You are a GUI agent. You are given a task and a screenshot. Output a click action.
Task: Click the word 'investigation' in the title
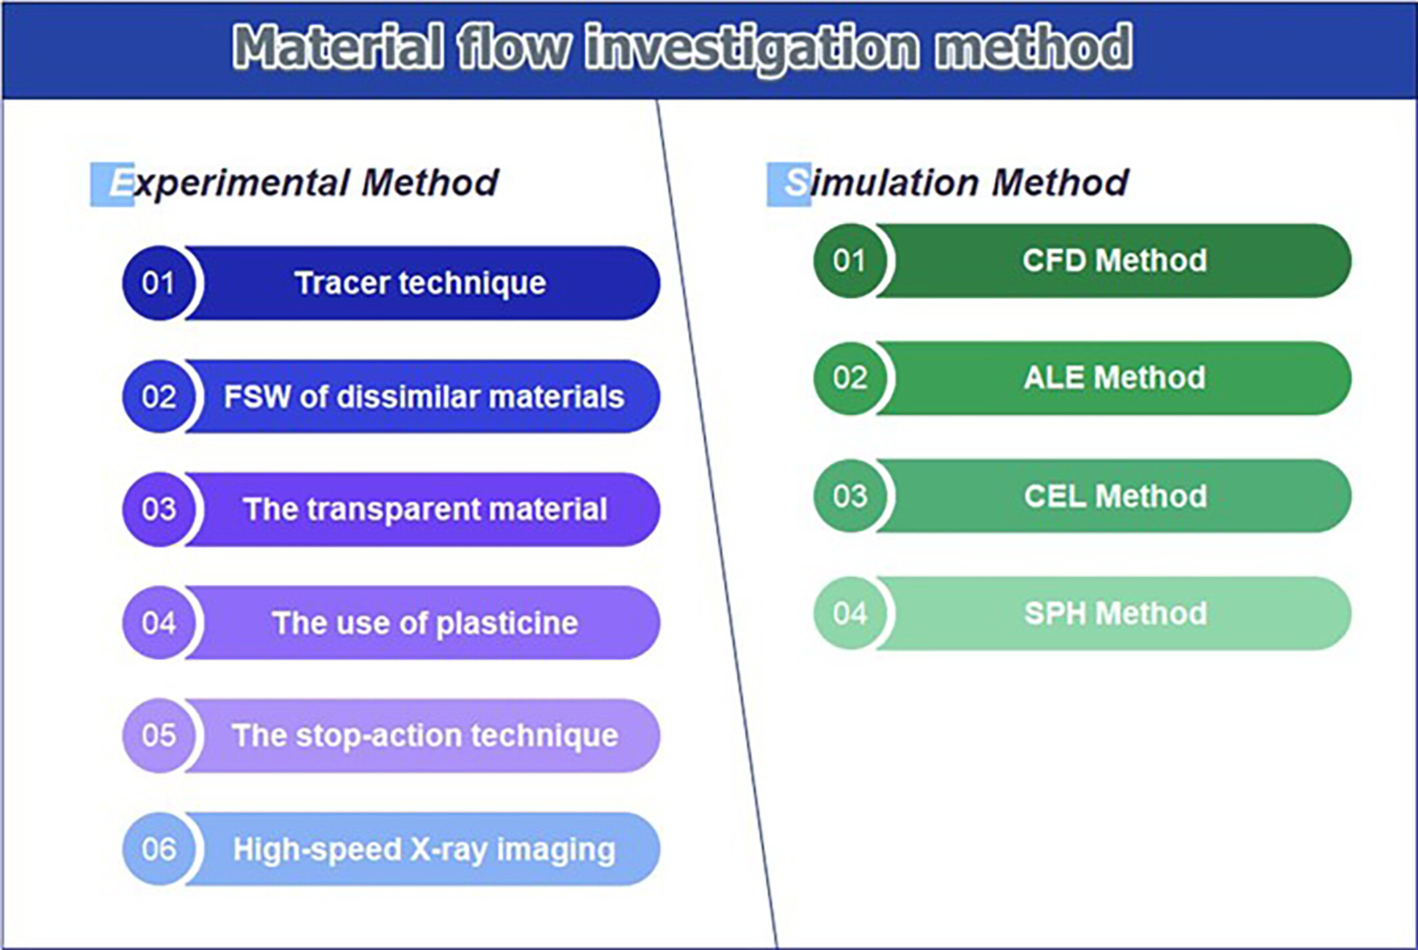tap(752, 48)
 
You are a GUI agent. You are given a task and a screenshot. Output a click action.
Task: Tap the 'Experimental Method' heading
tap(295, 183)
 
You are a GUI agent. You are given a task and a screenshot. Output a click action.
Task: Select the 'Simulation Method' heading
tap(948, 183)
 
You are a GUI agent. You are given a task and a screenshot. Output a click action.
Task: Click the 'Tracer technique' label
tap(420, 283)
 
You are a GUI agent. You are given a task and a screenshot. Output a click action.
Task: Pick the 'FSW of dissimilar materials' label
tap(424, 397)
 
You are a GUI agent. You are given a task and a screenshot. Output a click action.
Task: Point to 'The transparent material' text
tap(425, 510)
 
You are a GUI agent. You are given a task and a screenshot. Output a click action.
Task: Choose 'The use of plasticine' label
tap(425, 624)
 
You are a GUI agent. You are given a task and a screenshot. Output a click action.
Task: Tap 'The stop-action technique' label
tap(425, 736)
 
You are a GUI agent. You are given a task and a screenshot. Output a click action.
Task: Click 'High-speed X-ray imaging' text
tap(424, 850)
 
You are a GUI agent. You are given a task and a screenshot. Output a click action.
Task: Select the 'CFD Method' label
tap(1115, 260)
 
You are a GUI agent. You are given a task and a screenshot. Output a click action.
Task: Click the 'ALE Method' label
tap(1115, 378)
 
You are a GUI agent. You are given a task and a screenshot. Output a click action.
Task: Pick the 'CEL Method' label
tap(1115, 496)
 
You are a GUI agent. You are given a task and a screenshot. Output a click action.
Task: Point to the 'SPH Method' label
tap(1115, 614)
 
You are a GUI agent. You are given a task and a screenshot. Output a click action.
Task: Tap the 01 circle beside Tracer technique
tap(159, 283)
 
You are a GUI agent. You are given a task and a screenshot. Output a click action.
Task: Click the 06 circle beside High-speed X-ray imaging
tap(159, 849)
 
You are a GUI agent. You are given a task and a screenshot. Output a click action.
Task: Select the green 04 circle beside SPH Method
tap(850, 614)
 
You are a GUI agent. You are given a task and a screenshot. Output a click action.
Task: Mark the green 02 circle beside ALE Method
tap(850, 378)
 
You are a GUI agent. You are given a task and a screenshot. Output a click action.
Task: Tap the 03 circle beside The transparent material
tap(159, 510)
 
